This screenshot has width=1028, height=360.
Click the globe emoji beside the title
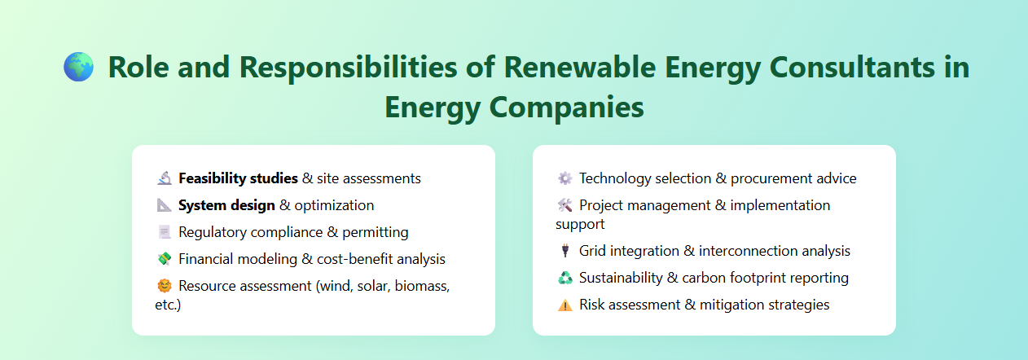[79, 67]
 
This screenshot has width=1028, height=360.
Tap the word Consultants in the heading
[833, 67]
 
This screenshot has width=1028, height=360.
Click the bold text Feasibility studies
[238, 178]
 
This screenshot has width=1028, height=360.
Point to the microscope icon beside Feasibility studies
[164, 178]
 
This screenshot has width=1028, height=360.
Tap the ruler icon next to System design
[164, 205]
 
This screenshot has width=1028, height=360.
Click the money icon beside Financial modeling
[164, 259]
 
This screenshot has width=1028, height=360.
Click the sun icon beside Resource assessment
[164, 286]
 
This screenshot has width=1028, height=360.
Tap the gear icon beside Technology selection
[565, 178]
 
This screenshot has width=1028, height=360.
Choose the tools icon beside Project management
[565, 205]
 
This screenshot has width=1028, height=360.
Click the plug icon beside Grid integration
[565, 251]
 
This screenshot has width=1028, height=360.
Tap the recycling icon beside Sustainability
[565, 278]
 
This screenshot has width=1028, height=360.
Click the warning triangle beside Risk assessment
[565, 305]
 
